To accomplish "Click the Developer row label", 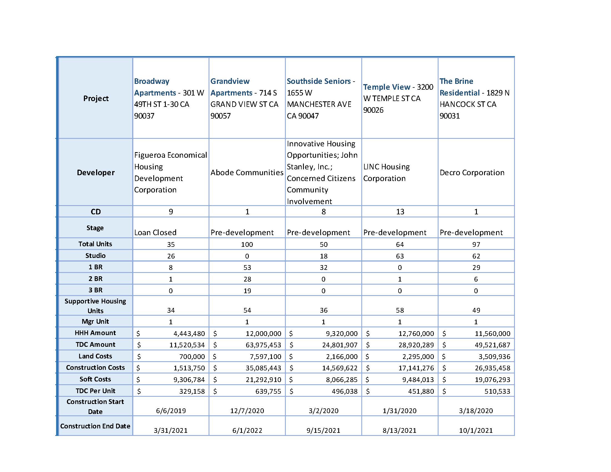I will pos(96,172).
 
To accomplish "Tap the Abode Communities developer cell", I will pos(247,172).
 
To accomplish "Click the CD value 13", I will pos(400,212).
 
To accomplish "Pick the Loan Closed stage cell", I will pos(155,232).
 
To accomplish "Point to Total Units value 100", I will pos(247,244).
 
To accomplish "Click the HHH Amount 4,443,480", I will pos(189,333).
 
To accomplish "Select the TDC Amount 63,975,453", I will pos(263,345).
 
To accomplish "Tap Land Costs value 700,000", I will pos(192,357).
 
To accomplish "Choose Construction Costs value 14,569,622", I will pos(340,368).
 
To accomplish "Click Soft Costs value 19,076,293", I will pos(492,380).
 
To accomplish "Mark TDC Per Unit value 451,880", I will pos(421,391).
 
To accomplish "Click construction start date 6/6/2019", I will pos(171,411).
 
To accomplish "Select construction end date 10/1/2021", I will pos(476,431).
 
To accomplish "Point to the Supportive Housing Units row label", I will pos(95,306).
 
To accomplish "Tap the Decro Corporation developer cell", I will pos(472,172).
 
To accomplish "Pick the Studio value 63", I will pos(400,256).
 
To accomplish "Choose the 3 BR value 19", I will pos(247,291).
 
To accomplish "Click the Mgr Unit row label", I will pos(95,322).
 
